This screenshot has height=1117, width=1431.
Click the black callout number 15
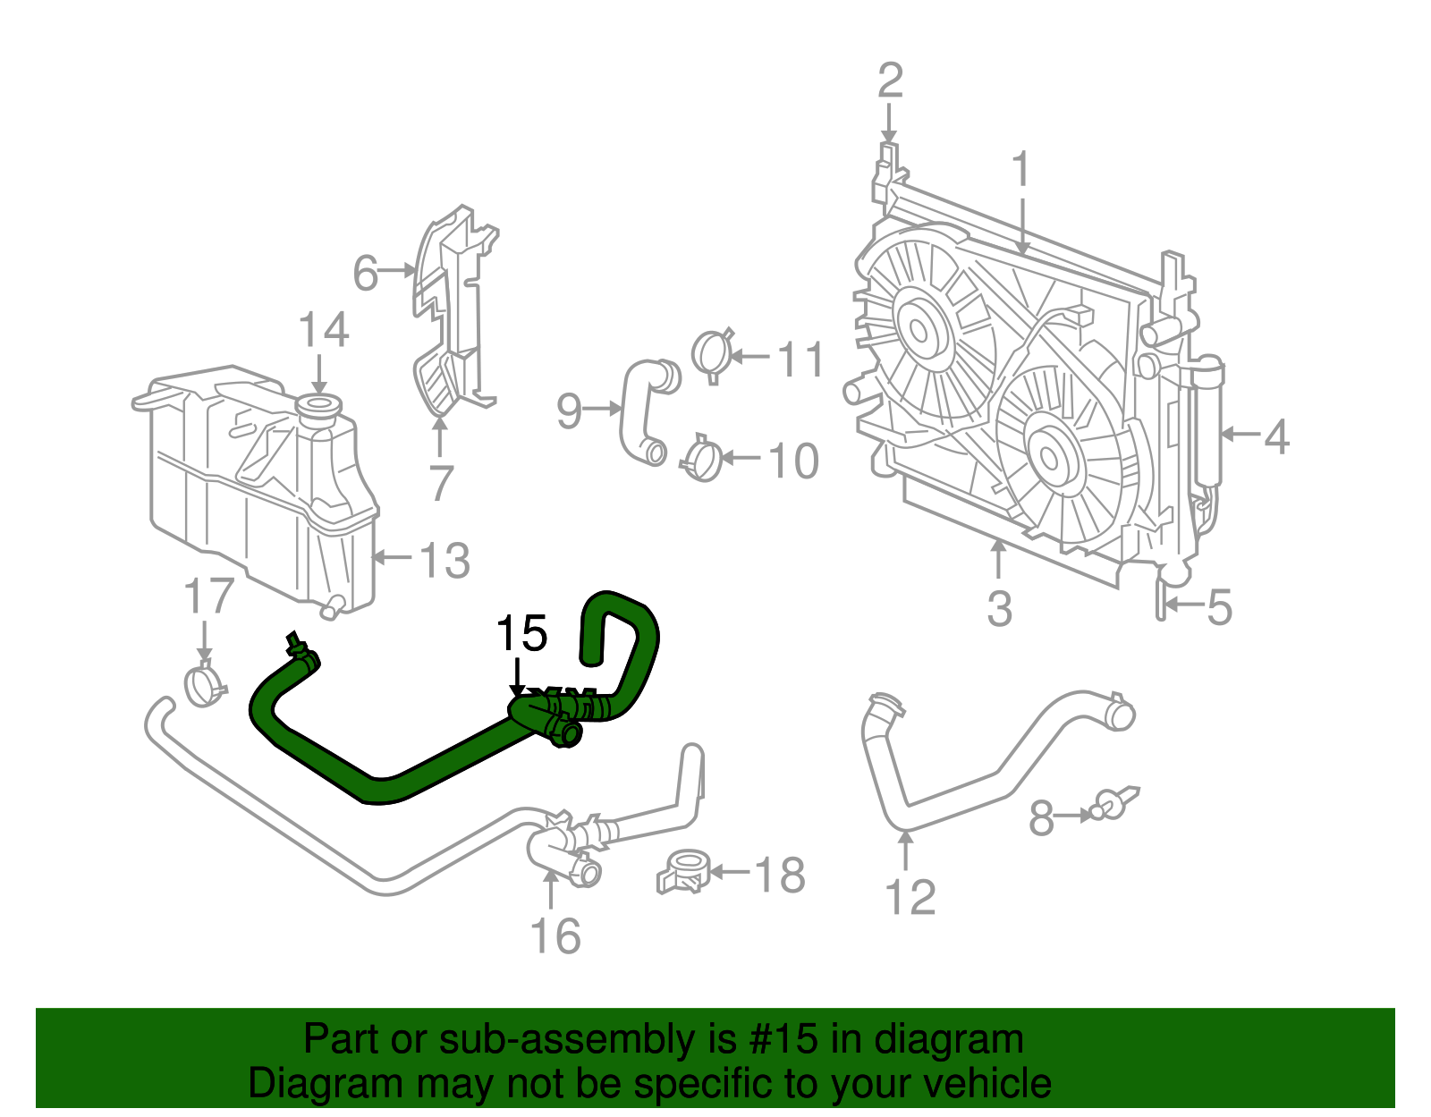coord(521,634)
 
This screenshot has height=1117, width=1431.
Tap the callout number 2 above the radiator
coord(889,80)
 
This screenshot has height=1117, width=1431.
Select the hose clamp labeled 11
coord(714,354)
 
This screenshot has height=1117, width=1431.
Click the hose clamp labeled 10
coord(702,459)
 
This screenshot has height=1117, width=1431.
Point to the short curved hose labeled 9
coord(640,411)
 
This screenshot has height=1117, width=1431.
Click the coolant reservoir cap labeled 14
coord(318,409)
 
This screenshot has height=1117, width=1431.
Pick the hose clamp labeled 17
coord(204,684)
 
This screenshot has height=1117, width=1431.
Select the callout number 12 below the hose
coord(910,897)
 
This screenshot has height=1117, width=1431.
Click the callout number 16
coord(555,936)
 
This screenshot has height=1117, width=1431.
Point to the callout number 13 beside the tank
coord(445,561)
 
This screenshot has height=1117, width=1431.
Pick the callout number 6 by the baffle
coord(366,273)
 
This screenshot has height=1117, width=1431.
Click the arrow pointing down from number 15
coord(517,677)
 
